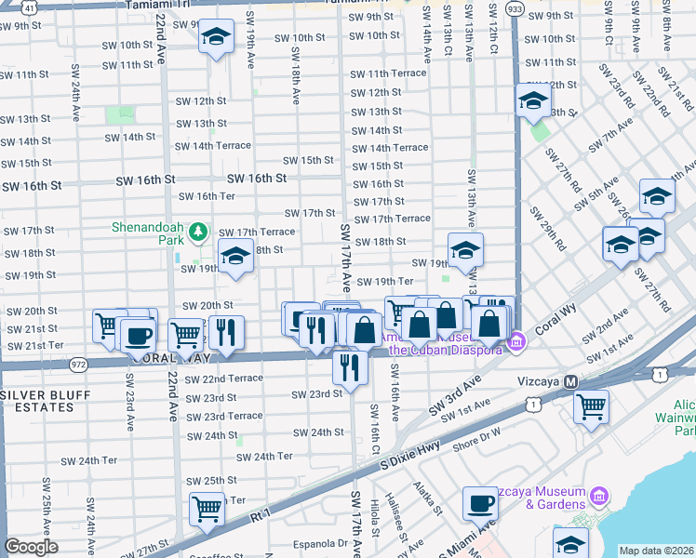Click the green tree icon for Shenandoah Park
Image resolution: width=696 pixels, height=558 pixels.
click(x=197, y=230)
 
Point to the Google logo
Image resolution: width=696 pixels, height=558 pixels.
click(x=31, y=547)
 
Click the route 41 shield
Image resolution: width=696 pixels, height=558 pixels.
click(x=31, y=7)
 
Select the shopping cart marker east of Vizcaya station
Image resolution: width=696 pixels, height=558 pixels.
click(x=591, y=407)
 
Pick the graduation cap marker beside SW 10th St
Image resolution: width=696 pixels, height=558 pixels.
click(x=217, y=39)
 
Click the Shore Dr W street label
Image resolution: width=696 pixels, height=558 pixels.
click(x=476, y=431)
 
